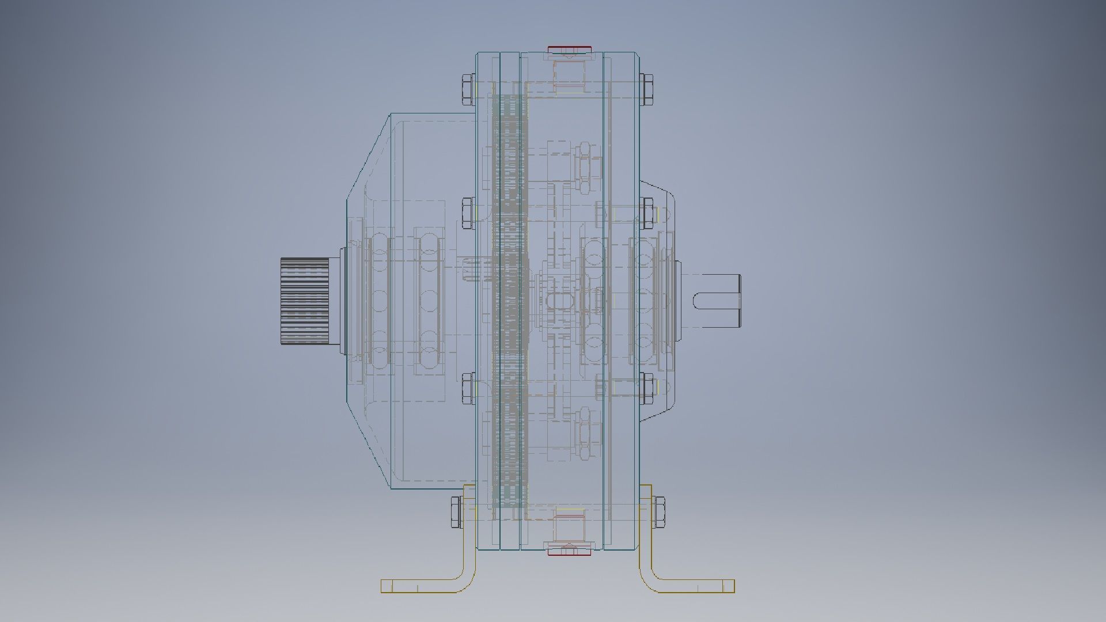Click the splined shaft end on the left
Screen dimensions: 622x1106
pyautogui.click(x=305, y=302)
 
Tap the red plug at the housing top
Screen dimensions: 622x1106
pyautogui.click(x=569, y=48)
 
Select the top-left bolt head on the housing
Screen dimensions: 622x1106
pyautogui.click(x=468, y=89)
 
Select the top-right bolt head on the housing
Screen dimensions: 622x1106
pyautogui.click(x=646, y=89)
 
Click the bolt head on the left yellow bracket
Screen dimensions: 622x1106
pyautogui.click(x=456, y=512)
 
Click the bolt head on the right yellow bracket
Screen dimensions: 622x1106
pyautogui.click(x=658, y=512)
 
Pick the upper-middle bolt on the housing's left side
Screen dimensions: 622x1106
pyautogui.click(x=468, y=213)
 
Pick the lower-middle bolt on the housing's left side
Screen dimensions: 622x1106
pyautogui.click(x=468, y=389)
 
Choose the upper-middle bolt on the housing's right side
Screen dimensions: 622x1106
pyautogui.click(x=647, y=213)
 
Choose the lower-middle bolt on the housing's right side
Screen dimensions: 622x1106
pyautogui.click(x=647, y=389)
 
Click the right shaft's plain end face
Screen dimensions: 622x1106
pyautogui.click(x=738, y=300)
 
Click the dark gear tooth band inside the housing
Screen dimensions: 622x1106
pyautogui.click(x=510, y=299)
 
